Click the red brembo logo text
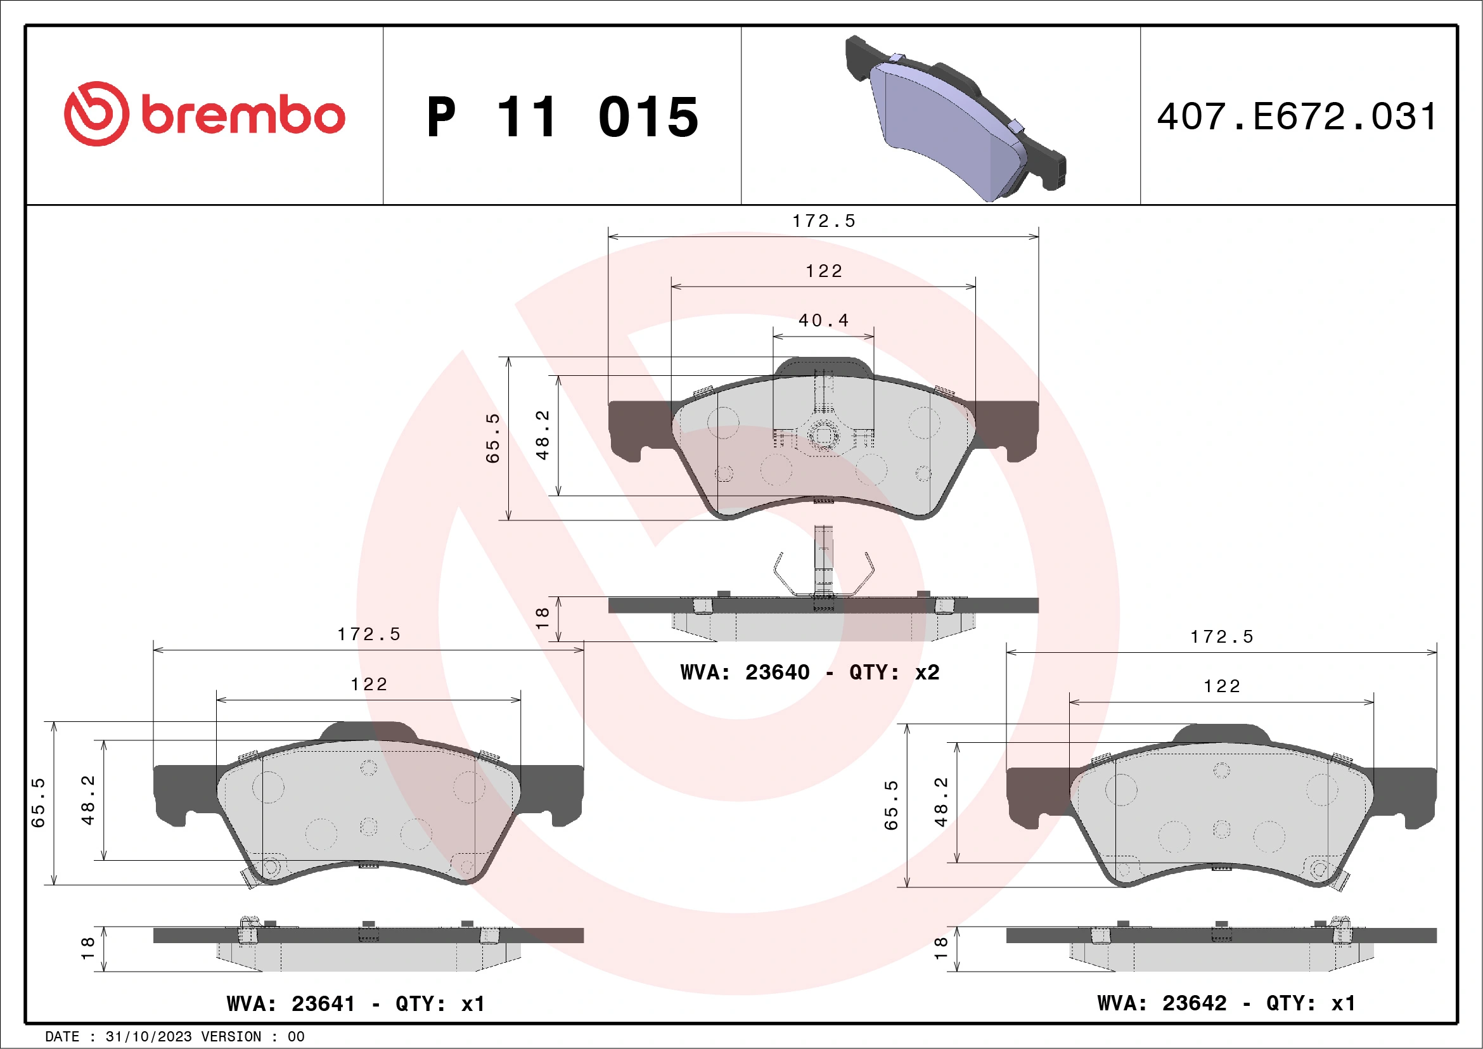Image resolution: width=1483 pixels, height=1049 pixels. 242,115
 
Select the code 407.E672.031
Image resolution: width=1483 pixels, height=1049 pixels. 1297,117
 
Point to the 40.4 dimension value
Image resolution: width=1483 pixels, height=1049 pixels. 823,320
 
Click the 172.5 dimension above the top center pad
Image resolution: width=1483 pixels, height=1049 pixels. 823,221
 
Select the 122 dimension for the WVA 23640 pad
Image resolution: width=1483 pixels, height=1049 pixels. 823,271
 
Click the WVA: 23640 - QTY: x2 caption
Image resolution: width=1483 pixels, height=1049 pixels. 809,673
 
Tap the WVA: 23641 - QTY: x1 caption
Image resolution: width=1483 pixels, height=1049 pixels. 356,1004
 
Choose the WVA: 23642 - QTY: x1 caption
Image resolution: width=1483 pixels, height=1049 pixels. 1226,1003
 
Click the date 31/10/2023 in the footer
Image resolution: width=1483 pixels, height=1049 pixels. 148,1037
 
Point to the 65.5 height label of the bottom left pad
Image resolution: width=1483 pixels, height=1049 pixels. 39,803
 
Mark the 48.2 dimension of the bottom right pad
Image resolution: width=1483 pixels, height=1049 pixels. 941,802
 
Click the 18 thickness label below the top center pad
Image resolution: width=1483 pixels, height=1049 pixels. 542,618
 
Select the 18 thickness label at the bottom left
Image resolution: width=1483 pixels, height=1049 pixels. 88,948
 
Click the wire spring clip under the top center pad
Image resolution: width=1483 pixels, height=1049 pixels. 823,572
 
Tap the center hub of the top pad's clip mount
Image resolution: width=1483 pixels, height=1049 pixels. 823,436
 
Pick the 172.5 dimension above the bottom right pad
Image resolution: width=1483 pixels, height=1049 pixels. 1221,637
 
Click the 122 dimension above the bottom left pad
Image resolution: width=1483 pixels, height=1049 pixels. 369,685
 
